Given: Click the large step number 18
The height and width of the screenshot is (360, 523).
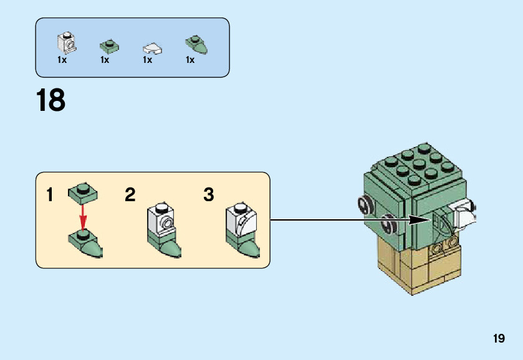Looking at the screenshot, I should pyautogui.click(x=50, y=101).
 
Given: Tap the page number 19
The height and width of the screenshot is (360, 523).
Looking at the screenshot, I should pyautogui.click(x=498, y=339).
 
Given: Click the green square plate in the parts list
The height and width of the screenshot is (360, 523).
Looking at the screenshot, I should pyautogui.click(x=110, y=45).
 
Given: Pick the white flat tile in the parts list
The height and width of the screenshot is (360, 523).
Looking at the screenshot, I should pyautogui.click(x=152, y=47).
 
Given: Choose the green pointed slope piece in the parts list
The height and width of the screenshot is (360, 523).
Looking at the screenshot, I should pyautogui.click(x=196, y=44).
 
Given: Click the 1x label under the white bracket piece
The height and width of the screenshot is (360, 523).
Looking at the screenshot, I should pyautogui.click(x=62, y=60).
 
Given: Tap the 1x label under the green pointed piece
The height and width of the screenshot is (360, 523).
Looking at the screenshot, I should pyautogui.click(x=190, y=60).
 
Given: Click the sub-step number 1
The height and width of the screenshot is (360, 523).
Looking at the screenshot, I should pyautogui.click(x=50, y=196).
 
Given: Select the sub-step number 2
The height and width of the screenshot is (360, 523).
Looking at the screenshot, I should pyautogui.click(x=130, y=196).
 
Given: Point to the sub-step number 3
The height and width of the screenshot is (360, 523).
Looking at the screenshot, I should pyautogui.click(x=209, y=196).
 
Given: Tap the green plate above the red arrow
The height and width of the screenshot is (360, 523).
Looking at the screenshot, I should pyautogui.click(x=83, y=192).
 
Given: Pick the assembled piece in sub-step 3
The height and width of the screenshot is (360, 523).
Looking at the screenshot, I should pyautogui.click(x=242, y=230).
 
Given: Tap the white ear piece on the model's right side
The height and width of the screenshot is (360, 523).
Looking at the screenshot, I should pyautogui.click(x=464, y=217).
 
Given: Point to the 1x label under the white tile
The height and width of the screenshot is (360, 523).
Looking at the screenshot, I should pyautogui.click(x=148, y=60).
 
